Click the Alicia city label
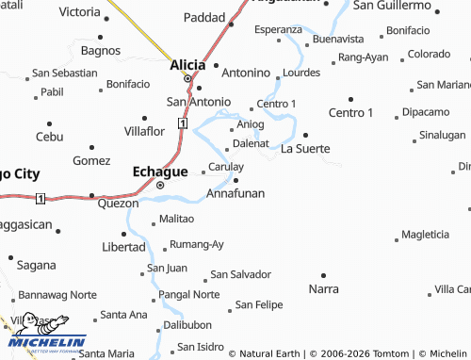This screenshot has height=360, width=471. (x=187, y=65)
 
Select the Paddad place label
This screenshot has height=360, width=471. (x=204, y=18)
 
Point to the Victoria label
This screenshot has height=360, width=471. (x=78, y=12)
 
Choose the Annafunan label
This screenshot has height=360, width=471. (x=235, y=193)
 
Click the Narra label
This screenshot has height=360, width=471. (x=323, y=287)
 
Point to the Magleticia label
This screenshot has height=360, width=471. (x=424, y=234)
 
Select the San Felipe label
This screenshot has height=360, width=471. (x=259, y=304)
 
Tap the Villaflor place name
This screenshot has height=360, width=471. (x=145, y=131)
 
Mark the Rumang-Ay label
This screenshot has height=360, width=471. (x=197, y=245)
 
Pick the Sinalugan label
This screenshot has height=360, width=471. (x=442, y=135)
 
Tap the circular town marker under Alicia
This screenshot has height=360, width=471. (x=187, y=78)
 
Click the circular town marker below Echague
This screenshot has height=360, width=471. (x=160, y=186)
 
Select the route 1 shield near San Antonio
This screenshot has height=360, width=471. (x=182, y=123)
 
